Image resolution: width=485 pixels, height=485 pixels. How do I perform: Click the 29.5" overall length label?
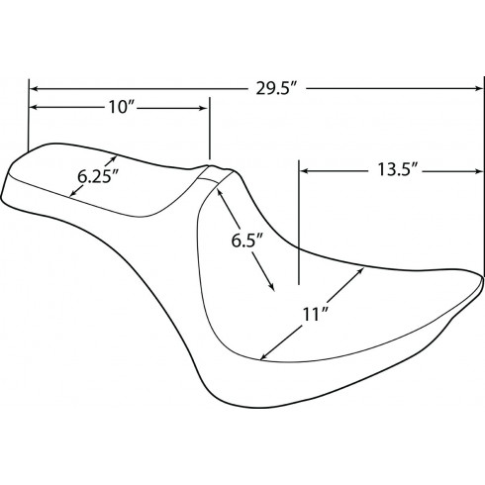click(277, 88)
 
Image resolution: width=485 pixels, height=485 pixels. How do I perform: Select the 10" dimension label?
click(121, 107)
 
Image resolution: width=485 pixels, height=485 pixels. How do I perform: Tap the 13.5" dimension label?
click(398, 170)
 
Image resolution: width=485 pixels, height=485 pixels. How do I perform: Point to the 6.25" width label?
click(98, 176)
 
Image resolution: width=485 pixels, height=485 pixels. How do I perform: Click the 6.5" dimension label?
click(246, 241)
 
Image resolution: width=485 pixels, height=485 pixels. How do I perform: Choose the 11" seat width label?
click(315, 314)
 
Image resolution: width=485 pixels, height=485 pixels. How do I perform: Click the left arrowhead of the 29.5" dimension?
click(34, 89)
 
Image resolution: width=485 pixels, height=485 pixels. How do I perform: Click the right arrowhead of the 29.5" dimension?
click(479, 88)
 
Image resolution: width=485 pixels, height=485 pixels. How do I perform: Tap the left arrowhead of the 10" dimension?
click(34, 108)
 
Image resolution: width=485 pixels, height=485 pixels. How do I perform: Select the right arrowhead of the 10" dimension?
click(203, 108)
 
